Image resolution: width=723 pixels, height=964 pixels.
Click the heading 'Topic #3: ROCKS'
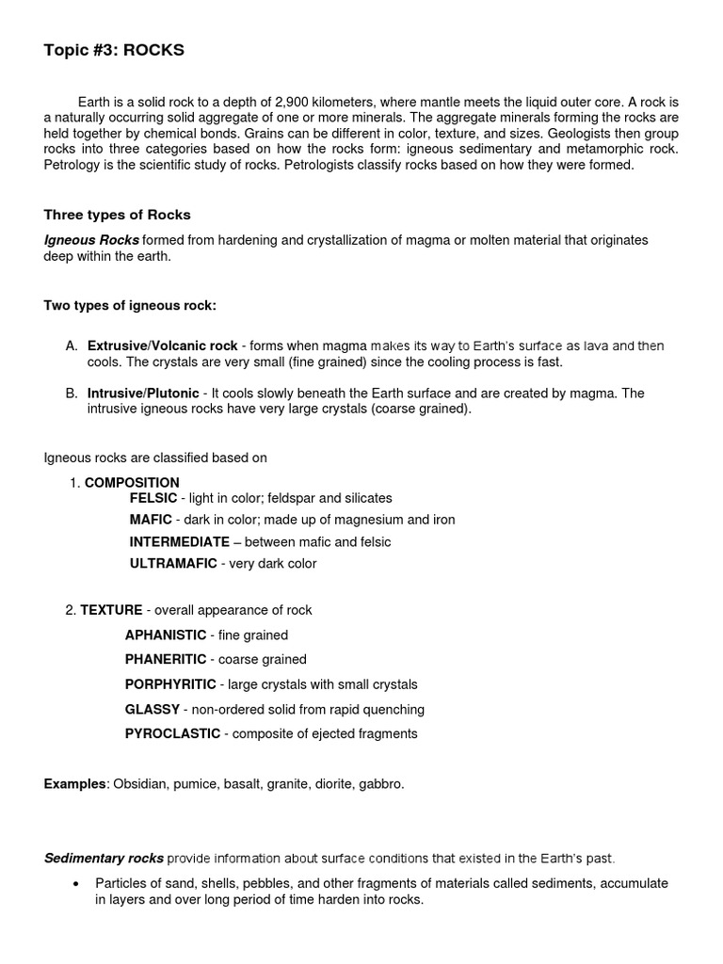[x=114, y=51]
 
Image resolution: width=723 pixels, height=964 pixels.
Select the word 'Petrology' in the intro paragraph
[x=73, y=165]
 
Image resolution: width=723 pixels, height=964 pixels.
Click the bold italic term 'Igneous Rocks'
[x=91, y=240]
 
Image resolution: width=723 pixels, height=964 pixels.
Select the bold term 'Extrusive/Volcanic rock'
[x=162, y=346]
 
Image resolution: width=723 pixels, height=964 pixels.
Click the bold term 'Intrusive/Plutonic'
[x=143, y=393]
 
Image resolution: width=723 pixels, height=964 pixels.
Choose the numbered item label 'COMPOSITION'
[x=132, y=483]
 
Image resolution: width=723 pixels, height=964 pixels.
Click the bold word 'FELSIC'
[x=153, y=498]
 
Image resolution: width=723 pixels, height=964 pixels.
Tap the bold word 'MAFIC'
[x=151, y=520]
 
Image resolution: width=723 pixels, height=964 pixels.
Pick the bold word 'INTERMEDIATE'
[x=179, y=542]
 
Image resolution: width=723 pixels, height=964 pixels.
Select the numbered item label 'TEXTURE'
[x=111, y=610]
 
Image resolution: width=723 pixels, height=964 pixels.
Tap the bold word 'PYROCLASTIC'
[x=172, y=733]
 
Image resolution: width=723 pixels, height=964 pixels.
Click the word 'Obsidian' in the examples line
[x=139, y=783]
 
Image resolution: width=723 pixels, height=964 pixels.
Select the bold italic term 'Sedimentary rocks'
[x=104, y=859]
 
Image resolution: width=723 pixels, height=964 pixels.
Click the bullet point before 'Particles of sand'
[x=75, y=884]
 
